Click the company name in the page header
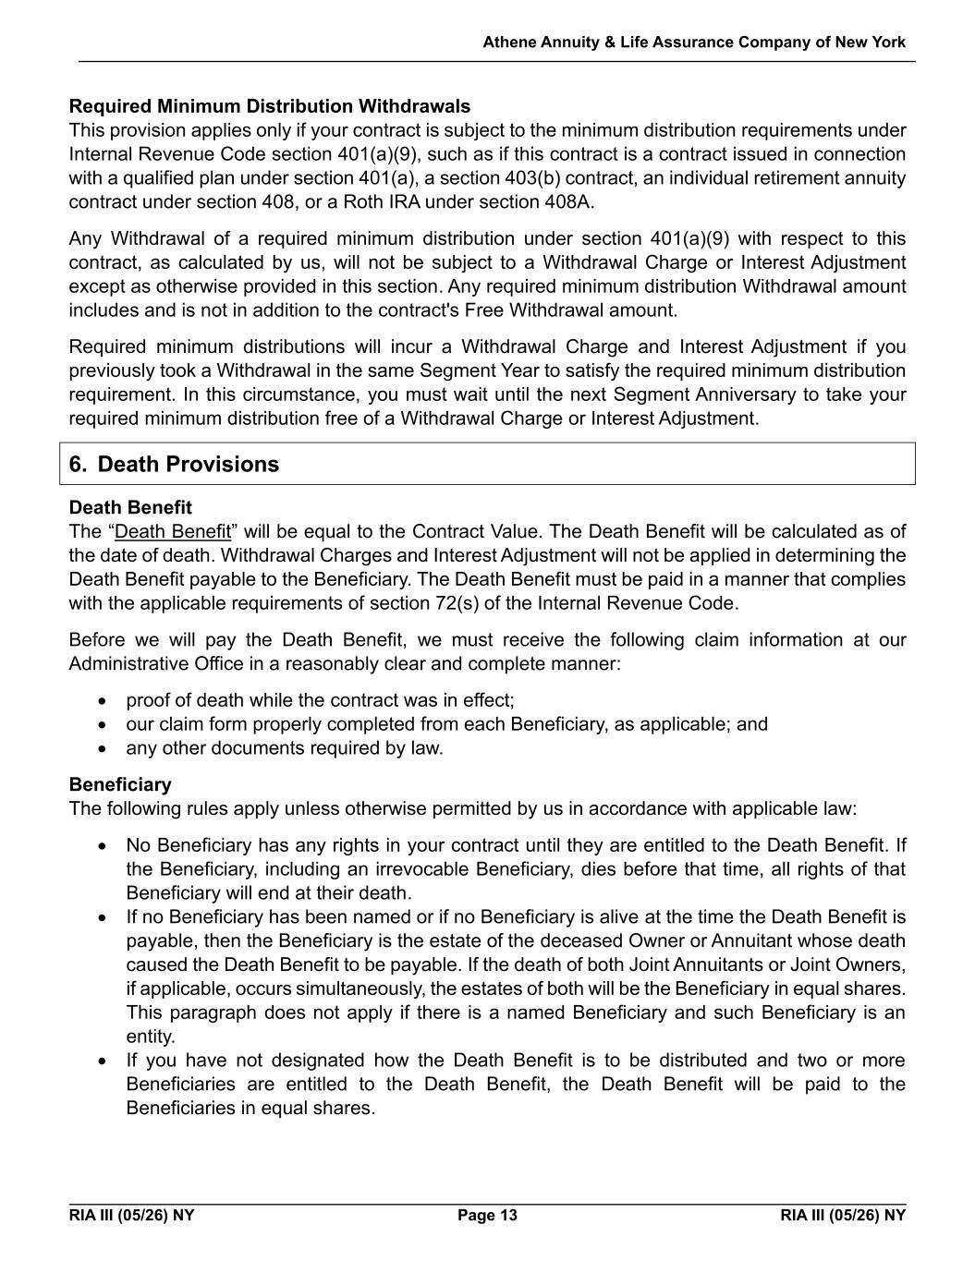coord(694,42)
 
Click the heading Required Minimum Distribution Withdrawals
coord(269,106)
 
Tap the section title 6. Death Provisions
coord(174,464)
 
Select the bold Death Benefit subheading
coord(130,507)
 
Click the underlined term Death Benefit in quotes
coord(173,531)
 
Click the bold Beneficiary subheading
coord(120,784)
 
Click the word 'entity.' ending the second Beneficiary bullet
coord(150,1037)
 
